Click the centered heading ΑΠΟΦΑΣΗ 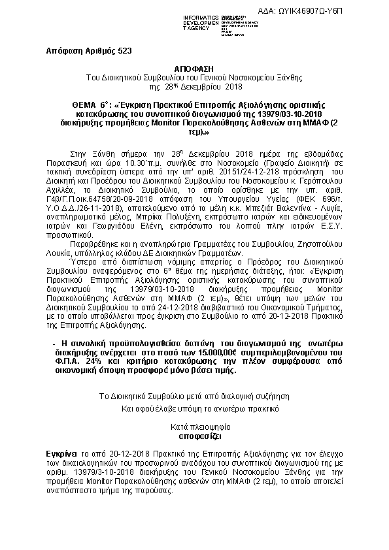[x=194, y=68]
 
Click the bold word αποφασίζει [x=194, y=432]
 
